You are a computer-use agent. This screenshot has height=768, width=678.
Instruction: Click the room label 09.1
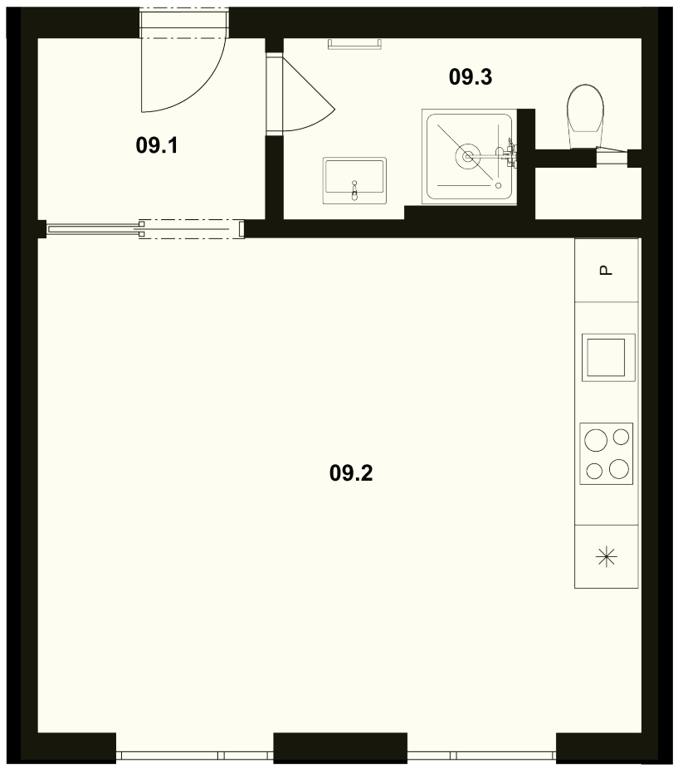(x=157, y=145)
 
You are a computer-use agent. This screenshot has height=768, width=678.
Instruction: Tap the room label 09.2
(x=351, y=473)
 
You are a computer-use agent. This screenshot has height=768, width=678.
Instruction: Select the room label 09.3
(x=471, y=77)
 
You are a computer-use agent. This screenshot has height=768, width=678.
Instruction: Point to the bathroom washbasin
(x=354, y=180)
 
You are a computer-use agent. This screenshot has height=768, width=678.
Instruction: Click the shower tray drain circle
(x=468, y=156)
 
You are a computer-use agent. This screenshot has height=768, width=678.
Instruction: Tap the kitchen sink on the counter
(x=608, y=358)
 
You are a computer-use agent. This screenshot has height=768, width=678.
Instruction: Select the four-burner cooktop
(x=606, y=453)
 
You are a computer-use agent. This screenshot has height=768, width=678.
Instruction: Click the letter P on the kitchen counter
(x=606, y=270)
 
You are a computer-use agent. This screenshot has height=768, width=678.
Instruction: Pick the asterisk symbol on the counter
(x=606, y=557)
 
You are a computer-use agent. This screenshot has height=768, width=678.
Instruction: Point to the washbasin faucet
(x=354, y=190)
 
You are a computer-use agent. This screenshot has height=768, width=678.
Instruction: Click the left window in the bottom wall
(x=194, y=755)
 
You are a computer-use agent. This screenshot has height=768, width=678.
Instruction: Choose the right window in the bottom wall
(x=481, y=755)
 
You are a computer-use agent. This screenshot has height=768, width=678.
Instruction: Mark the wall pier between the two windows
(x=340, y=747)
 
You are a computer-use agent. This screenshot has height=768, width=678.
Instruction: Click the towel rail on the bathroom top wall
(x=354, y=45)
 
